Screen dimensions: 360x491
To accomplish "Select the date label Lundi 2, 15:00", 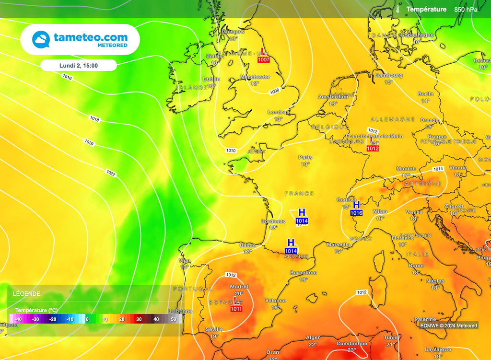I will (78, 65).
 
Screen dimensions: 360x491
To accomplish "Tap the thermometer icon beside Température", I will (397, 9).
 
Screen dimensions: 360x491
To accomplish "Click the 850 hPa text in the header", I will (466, 9).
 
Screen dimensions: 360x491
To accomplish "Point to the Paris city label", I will (305, 157).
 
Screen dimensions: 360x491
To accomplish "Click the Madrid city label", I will (239, 287).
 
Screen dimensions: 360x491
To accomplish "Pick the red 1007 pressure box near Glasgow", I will (264, 60).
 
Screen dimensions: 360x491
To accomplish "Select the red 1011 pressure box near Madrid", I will (236, 309).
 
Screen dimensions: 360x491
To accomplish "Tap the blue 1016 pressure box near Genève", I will (356, 213).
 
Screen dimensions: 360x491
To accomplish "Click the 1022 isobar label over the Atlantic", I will (111, 173).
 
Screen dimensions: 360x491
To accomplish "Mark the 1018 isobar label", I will (94, 119).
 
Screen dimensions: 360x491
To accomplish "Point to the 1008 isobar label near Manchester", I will (274, 91).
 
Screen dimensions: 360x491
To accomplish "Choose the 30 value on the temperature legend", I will (139, 319).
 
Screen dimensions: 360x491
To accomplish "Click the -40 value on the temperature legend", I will (18, 319).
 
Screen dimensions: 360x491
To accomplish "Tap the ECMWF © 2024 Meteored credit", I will (448, 326).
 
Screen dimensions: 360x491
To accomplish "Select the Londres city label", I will (278, 112).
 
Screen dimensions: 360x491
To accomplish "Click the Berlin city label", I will (425, 94).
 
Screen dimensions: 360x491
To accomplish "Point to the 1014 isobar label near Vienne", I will (438, 169).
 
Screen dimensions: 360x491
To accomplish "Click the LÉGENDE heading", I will (26, 294).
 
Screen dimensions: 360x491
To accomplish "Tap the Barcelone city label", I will (303, 273).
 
